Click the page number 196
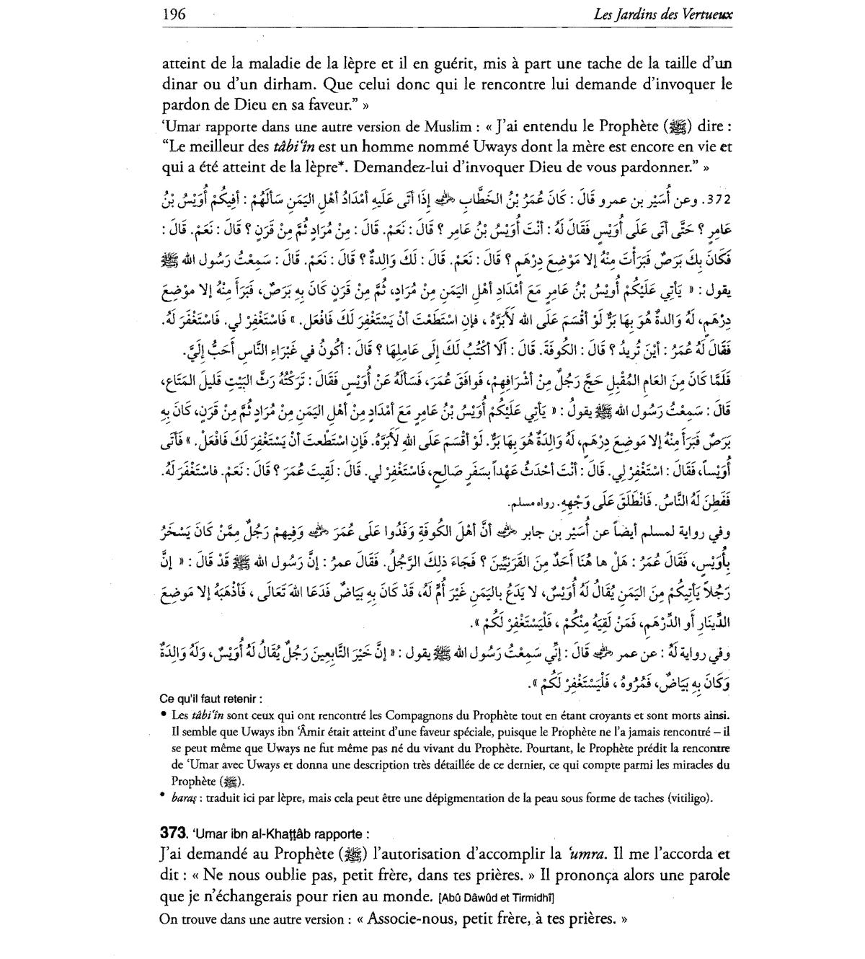(x=174, y=14)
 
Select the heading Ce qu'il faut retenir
(x=210, y=699)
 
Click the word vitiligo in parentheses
(x=689, y=797)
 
